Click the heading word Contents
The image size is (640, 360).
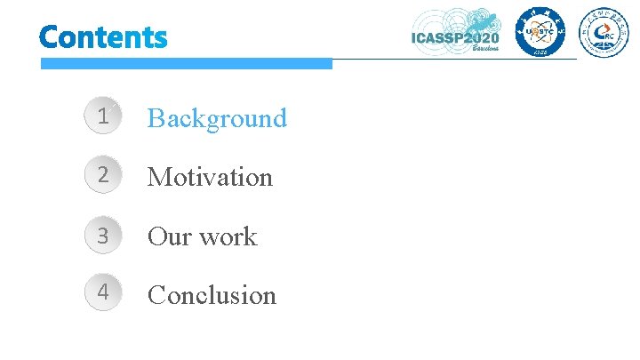[x=103, y=37]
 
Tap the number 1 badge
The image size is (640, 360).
[x=104, y=116]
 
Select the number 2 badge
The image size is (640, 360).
[x=104, y=176]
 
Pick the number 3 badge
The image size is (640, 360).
[x=104, y=236]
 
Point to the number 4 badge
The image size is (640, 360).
[x=104, y=293]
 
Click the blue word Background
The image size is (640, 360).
[x=217, y=117]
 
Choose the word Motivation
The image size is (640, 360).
[x=210, y=177]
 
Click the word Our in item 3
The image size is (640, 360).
[x=166, y=236]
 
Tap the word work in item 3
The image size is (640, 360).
[x=227, y=236]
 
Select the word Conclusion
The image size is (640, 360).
[x=212, y=294]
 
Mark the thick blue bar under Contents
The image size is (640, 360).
[x=186, y=63]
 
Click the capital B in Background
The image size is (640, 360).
[x=156, y=117]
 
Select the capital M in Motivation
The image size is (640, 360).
[x=159, y=177]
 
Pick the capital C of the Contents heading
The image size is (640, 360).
[x=48, y=37]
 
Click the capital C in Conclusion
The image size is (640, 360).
[x=156, y=294]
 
